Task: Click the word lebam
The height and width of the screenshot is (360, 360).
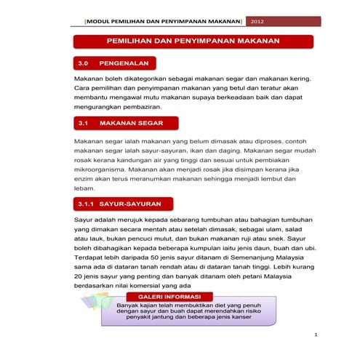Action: click(85, 187)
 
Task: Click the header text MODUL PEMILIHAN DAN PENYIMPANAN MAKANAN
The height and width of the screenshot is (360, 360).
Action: click(164, 21)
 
